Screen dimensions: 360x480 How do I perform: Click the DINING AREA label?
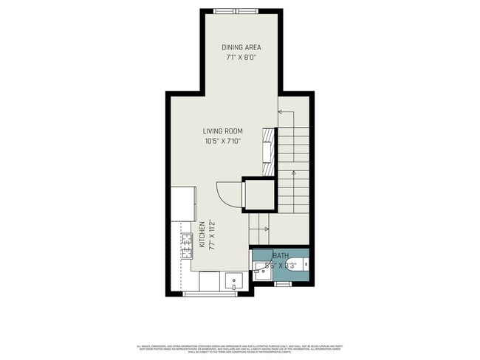click(241, 48)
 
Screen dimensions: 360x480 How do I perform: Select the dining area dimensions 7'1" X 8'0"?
click(241, 58)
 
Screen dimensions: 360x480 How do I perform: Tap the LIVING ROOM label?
click(223, 131)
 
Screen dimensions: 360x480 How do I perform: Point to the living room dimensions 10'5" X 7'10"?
click(223, 141)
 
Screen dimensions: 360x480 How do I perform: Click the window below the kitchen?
click(210, 294)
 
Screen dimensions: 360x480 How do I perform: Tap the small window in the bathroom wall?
click(284, 283)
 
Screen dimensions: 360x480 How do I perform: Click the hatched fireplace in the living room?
click(270, 145)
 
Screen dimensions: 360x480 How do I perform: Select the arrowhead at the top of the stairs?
click(281, 112)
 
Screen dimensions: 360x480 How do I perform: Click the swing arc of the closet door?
click(225, 193)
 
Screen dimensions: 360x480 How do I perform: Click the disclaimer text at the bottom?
click(240, 347)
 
